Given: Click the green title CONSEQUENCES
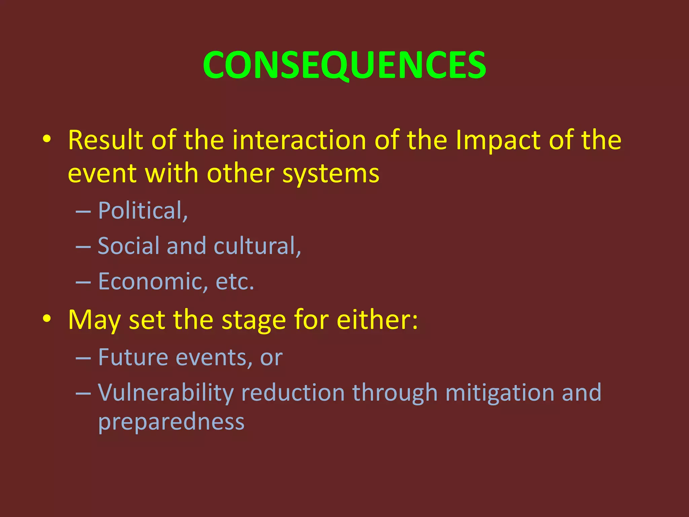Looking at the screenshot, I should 344,65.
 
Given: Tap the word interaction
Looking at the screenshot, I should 299,140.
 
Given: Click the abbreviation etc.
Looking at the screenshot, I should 234,281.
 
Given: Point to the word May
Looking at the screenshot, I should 94,320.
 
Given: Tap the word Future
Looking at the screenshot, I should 133,357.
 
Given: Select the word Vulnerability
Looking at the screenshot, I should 166,393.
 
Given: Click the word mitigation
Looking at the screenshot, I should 499,393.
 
